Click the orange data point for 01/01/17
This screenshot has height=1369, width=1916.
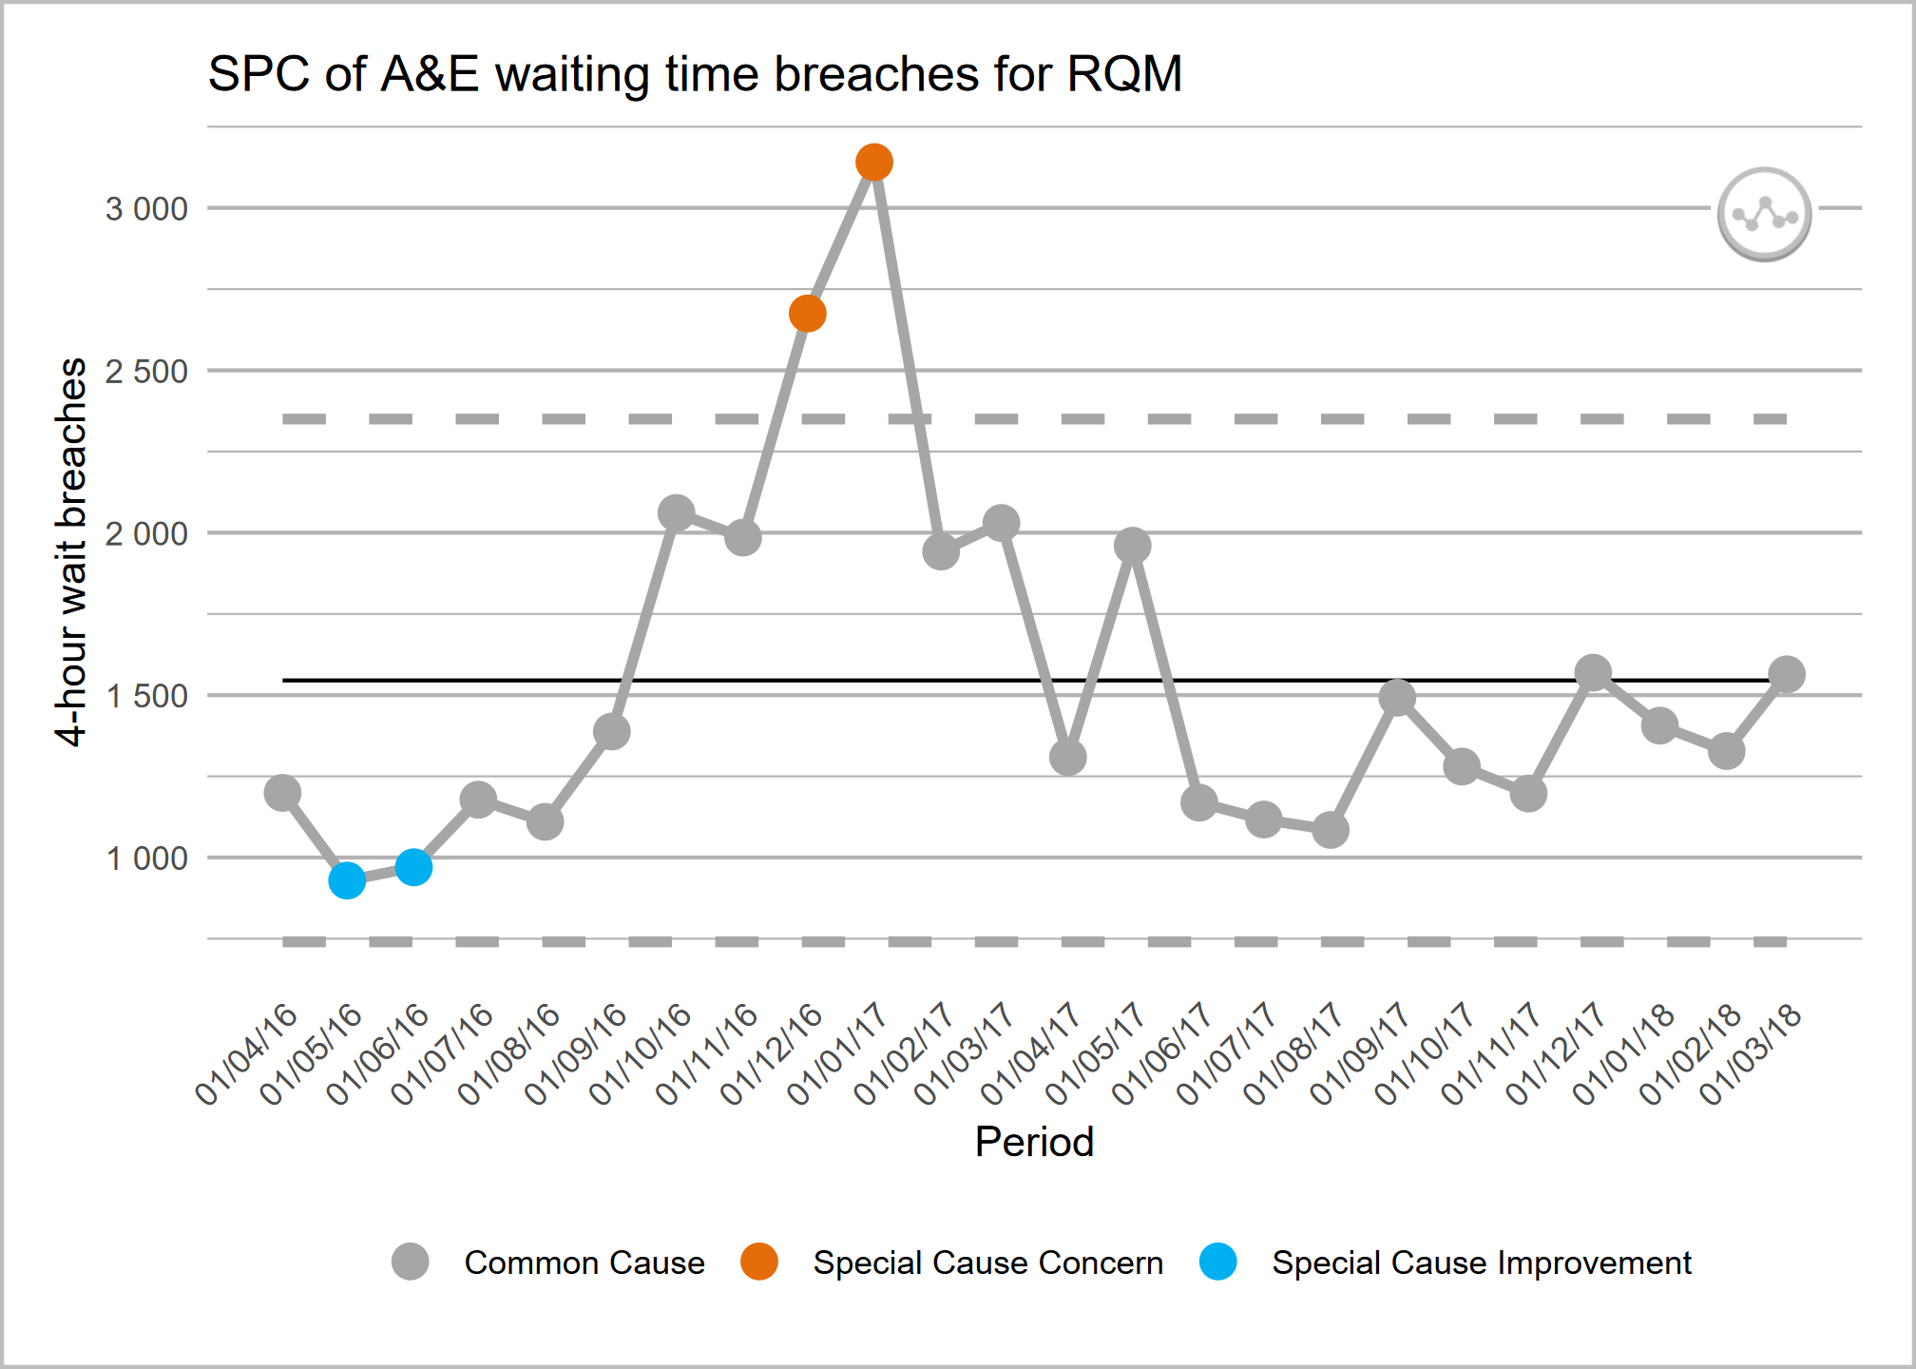pos(873,163)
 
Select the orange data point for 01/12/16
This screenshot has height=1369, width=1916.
pos(807,314)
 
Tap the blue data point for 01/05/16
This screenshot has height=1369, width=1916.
pos(347,880)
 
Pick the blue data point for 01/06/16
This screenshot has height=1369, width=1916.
pos(413,867)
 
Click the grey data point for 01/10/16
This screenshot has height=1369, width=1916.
pos(676,513)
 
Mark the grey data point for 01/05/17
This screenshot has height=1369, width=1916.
pos(1133,546)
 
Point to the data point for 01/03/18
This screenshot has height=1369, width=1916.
pos(1787,675)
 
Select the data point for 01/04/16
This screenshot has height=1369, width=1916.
pos(282,792)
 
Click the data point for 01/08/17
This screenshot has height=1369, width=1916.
pos(1331,830)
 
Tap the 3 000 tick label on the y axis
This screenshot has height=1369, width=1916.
pos(146,209)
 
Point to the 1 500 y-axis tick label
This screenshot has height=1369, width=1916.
pos(146,697)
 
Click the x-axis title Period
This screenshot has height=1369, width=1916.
pos(1034,1142)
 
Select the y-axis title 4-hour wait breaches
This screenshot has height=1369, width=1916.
pos(72,551)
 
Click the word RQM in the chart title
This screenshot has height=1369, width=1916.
pos(1124,74)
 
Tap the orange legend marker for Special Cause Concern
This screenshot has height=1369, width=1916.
pos(759,1262)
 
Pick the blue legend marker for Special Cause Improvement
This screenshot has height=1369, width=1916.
pos(1217,1262)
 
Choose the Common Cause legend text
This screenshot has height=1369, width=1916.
pos(584,1263)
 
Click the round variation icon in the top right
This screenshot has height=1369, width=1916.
pos(1764,215)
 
